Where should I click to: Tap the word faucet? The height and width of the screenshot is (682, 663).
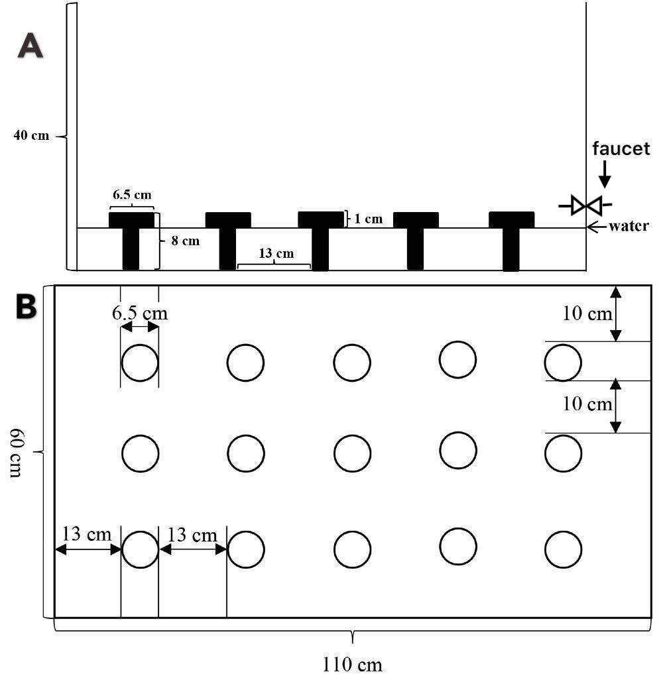click(x=621, y=148)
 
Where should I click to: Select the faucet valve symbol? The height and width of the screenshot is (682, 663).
click(x=585, y=205)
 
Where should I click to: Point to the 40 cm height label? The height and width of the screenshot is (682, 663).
click(x=31, y=136)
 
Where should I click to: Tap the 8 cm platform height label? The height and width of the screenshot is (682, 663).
click(x=185, y=241)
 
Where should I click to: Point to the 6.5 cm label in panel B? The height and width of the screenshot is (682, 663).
click(x=139, y=313)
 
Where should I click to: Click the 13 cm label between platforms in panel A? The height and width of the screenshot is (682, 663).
click(x=275, y=253)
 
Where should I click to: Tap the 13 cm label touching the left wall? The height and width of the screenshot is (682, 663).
click(x=87, y=534)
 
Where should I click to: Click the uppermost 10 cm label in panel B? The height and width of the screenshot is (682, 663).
click(x=587, y=313)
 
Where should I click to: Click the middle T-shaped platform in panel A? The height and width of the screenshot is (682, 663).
click(x=321, y=239)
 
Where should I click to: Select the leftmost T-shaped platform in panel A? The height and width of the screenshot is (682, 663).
click(x=131, y=239)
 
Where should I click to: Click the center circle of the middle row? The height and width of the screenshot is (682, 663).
click(x=352, y=454)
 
